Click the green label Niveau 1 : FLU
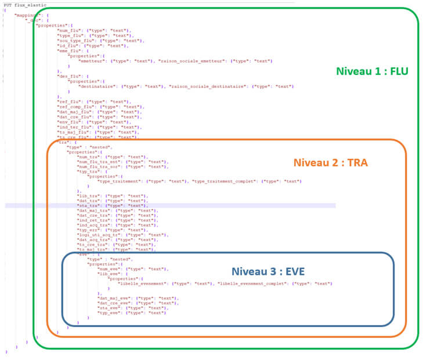372,72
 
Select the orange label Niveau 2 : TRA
330,163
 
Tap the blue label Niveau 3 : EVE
267,271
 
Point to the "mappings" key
27,15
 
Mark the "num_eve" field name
110,269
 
